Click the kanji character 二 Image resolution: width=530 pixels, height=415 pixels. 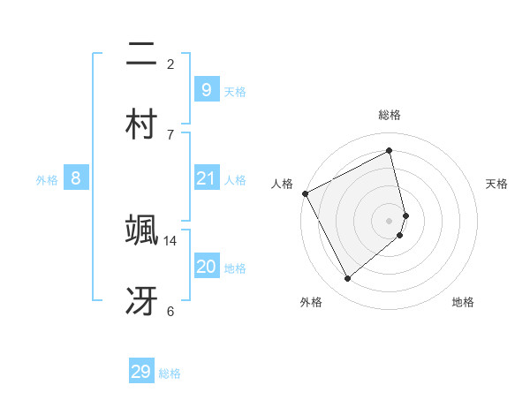pyautogui.click(x=141, y=54)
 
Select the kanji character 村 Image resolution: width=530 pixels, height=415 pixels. pyautogui.click(x=141, y=124)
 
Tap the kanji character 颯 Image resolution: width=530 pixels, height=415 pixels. pyautogui.click(x=141, y=229)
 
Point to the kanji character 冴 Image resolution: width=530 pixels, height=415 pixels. pyautogui.click(x=141, y=299)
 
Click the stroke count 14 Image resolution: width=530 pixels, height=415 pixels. pyautogui.click(x=170, y=240)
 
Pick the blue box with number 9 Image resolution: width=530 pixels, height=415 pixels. pyautogui.click(x=206, y=89)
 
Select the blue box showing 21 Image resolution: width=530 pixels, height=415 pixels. pyautogui.click(x=206, y=178)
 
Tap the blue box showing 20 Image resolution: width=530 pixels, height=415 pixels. pyautogui.click(x=206, y=267)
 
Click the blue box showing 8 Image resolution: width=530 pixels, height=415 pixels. pyautogui.click(x=76, y=178)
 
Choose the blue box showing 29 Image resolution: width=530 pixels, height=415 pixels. pyautogui.click(x=141, y=372)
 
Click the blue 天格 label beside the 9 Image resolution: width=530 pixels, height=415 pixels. pyautogui.click(x=235, y=91)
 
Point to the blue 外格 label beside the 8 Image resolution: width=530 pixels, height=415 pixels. pyautogui.click(x=47, y=179)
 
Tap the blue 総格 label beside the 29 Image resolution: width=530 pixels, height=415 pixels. pyautogui.click(x=170, y=373)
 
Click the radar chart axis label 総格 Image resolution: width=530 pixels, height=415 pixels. pyautogui.click(x=390, y=115)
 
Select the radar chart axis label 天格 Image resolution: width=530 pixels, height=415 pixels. pyautogui.click(x=497, y=184)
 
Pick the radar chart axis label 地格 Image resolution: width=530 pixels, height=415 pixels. pyautogui.click(x=463, y=302)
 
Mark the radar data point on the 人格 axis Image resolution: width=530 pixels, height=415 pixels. pyautogui.click(x=305, y=193)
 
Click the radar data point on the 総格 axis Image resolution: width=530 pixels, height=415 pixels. pyautogui.click(x=390, y=150)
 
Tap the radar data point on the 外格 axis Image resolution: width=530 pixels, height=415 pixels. pyautogui.click(x=347, y=279)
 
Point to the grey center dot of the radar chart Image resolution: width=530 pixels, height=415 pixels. pyautogui.click(x=390, y=220)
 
